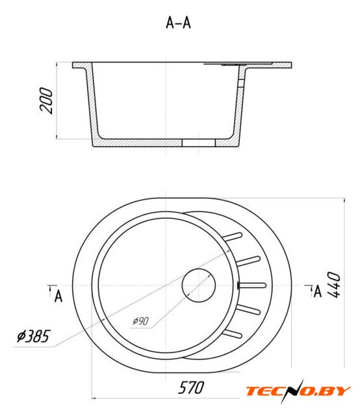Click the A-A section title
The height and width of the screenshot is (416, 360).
click(x=178, y=23)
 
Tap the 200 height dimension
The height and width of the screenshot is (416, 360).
click(x=46, y=101)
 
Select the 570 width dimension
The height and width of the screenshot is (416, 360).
click(x=191, y=387)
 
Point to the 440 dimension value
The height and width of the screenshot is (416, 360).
click(x=334, y=285)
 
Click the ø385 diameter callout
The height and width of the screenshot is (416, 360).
click(x=33, y=336)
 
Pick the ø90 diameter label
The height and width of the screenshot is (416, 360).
click(x=140, y=321)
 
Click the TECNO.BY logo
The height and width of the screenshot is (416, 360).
click(x=298, y=391)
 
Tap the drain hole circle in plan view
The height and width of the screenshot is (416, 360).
click(x=198, y=285)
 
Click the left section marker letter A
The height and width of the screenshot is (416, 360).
click(x=58, y=296)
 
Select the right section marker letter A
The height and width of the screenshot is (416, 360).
click(x=318, y=291)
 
